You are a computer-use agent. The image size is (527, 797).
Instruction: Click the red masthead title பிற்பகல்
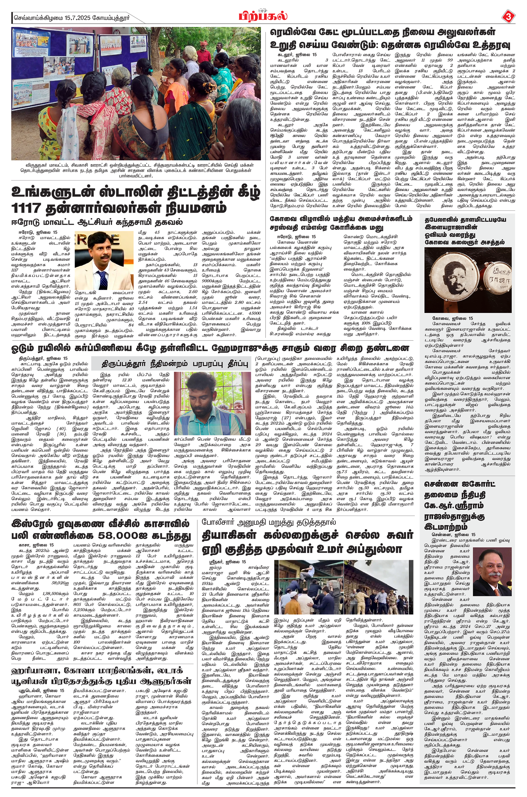pos(263,16)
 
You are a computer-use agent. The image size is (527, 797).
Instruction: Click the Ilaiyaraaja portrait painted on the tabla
pos(450,277)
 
